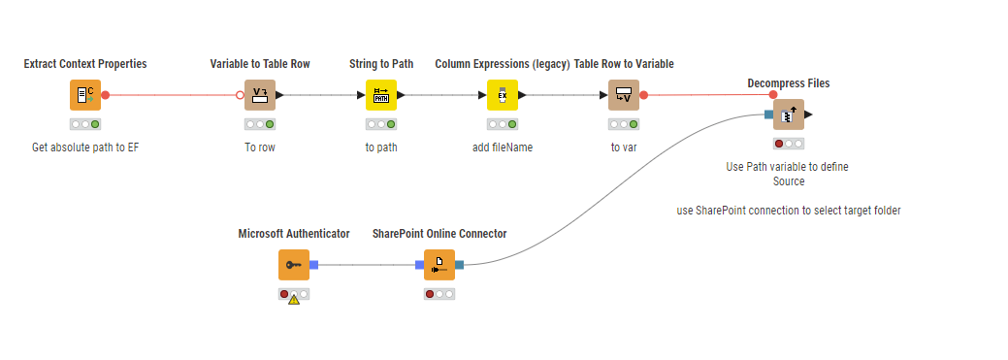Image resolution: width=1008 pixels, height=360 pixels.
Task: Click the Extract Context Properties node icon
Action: (84, 95)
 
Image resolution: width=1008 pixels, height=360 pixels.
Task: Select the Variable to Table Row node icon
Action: (259, 95)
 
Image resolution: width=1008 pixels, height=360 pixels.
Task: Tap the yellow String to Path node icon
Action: (381, 95)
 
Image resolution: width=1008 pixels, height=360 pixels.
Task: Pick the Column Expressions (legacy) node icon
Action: (502, 95)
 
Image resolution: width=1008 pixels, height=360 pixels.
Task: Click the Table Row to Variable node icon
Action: (624, 95)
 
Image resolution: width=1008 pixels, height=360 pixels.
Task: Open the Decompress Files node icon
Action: (788, 115)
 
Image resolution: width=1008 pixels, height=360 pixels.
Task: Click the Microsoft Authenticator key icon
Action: (293, 264)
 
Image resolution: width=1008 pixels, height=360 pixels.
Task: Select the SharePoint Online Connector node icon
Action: (439, 264)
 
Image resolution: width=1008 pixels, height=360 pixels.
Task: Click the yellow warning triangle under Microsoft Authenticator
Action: (294, 299)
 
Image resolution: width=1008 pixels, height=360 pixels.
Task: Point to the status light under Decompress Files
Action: (788, 144)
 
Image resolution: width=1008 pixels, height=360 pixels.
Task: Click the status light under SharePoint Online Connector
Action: (439, 293)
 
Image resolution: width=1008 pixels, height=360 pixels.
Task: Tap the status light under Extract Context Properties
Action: (84, 124)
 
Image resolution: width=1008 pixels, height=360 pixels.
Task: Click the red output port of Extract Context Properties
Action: (106, 95)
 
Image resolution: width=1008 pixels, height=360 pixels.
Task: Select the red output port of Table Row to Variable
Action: (643, 95)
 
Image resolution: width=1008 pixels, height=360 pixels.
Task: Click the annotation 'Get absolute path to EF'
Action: (84, 147)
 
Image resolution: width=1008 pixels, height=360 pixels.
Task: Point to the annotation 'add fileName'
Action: (502, 147)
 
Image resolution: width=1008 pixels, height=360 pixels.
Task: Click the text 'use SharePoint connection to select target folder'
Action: (789, 210)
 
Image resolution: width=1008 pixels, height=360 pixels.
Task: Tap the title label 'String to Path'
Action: (381, 64)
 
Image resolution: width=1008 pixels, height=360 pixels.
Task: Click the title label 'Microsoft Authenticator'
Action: (293, 234)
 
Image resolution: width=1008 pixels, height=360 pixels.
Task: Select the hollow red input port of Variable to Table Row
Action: (240, 95)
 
